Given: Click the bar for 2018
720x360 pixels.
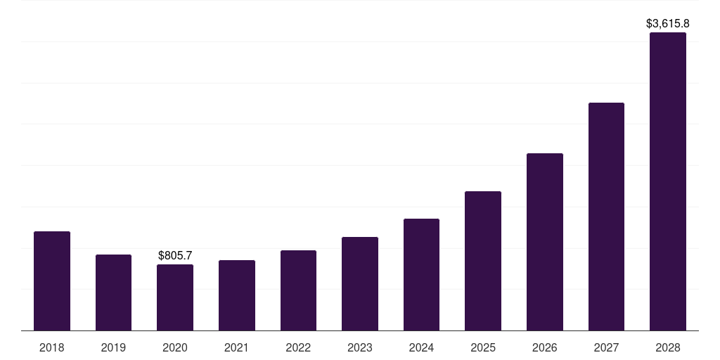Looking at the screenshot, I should coord(52,281).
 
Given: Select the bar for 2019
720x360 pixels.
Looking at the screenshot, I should coord(113,292).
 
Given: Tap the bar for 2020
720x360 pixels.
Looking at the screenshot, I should coord(175,297).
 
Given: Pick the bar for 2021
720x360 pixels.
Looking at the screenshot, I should coord(237,295).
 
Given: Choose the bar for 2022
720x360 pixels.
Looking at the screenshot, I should coord(298,290).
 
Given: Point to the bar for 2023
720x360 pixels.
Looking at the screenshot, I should coord(360,283).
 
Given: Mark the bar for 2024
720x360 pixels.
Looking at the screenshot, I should coord(421,274).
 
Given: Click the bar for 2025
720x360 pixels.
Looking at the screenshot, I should coord(483,261).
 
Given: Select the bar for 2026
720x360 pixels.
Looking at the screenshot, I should coord(545,242).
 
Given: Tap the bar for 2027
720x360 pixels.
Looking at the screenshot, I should coord(606,217).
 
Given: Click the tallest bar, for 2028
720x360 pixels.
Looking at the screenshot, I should coord(668,181).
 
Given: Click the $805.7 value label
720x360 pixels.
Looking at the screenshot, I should coord(175,255).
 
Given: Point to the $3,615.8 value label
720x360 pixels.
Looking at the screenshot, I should coord(668,23).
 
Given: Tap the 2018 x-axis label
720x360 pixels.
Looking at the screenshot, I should coord(52,347).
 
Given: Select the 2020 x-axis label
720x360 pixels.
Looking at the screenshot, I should coord(175,347).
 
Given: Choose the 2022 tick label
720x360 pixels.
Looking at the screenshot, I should coord(298,347).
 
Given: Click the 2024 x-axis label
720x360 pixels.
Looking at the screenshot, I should coord(421,347).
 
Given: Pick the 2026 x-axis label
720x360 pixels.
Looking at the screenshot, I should coord(545,347).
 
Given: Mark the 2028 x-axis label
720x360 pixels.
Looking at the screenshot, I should coord(668,347).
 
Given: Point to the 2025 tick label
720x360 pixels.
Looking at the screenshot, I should coord(483,347).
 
